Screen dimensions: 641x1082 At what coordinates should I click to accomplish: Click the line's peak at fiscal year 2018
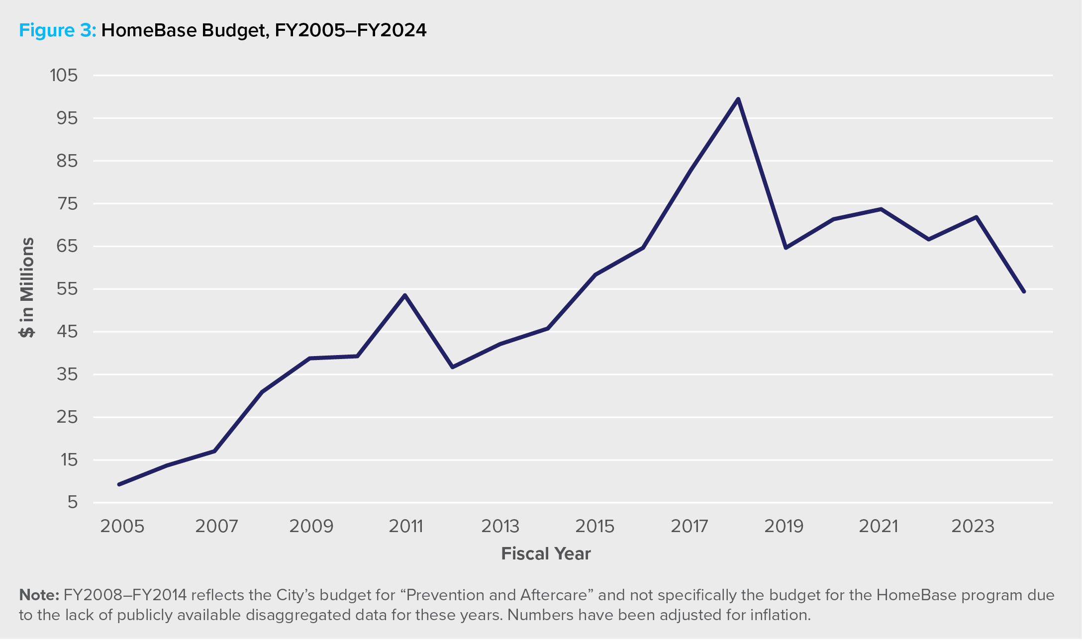pos(738,99)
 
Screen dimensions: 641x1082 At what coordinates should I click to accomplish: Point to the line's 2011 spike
pos(405,295)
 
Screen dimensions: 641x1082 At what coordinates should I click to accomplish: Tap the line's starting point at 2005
pos(119,484)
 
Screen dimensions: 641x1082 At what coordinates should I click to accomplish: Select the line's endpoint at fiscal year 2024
pos(1024,291)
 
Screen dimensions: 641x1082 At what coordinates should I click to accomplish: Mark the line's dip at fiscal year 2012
pos(452,367)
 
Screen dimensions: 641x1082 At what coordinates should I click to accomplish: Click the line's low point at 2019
pos(786,248)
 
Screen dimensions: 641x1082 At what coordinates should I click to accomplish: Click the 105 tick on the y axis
pos(64,76)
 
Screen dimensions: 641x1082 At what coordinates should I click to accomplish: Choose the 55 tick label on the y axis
pos(68,289)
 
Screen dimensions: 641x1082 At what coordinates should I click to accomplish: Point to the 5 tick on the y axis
pos(73,503)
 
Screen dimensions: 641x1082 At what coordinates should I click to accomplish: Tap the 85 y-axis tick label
pos(68,161)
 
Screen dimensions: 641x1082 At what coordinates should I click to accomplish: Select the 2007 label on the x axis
pos(216,526)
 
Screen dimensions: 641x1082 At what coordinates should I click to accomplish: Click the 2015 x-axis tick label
pos(595,526)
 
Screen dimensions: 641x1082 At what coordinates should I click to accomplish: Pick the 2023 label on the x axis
pos(973,526)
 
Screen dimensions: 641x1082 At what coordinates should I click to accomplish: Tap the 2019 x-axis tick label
pos(784,526)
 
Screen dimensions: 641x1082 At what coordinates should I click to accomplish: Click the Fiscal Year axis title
pos(546,554)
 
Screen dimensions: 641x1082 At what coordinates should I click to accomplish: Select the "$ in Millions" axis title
pos(27,287)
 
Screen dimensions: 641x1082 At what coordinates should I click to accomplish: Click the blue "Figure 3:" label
pos(57,31)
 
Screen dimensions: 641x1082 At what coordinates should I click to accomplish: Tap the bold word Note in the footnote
pos(39,595)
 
